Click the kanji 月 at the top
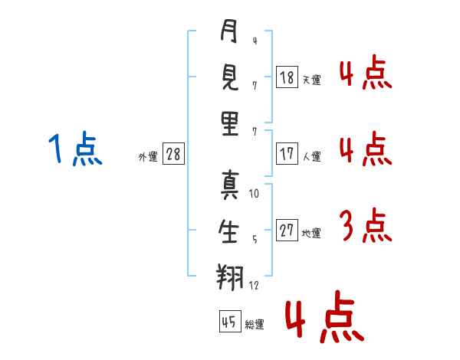pyautogui.click(x=228, y=33)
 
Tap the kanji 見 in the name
pyautogui.click(x=228, y=77)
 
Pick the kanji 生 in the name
pyautogui.click(x=228, y=231)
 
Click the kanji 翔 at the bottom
pyautogui.click(x=228, y=277)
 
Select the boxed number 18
pyautogui.click(x=287, y=77)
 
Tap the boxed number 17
pyautogui.click(x=287, y=153)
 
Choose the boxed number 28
pyautogui.click(x=173, y=153)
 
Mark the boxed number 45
pyautogui.click(x=229, y=322)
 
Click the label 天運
pyautogui.click(x=310, y=80)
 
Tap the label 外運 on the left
pyautogui.click(x=148, y=156)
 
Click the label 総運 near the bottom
pyautogui.click(x=254, y=325)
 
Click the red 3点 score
pyautogui.click(x=364, y=225)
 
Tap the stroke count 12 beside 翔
pyautogui.click(x=254, y=285)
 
